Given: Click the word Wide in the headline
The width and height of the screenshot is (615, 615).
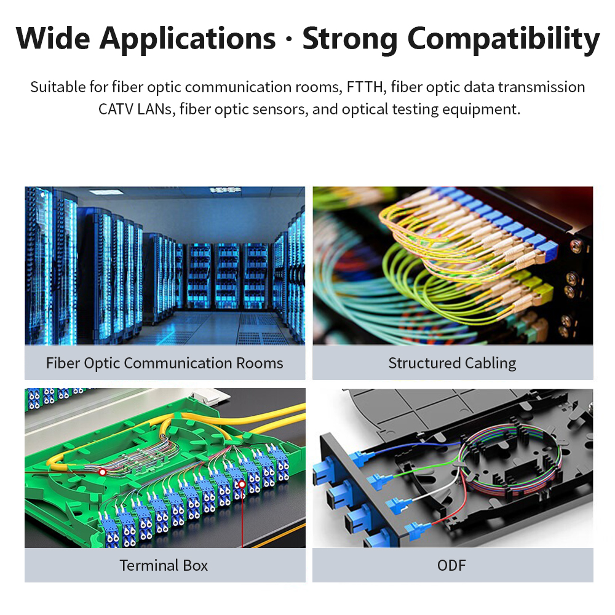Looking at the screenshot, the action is [x=53, y=38].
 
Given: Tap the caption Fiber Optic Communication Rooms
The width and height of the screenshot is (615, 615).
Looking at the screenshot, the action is [x=164, y=363].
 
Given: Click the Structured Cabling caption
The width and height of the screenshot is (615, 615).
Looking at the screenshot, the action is [x=452, y=363].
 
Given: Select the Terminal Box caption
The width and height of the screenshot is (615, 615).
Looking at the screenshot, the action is [x=164, y=566].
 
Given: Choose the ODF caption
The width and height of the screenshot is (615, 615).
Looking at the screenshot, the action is [x=451, y=566].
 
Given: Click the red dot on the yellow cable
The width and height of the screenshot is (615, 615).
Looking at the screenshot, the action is [x=102, y=472].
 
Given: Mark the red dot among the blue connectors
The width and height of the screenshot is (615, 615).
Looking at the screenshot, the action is [x=242, y=485].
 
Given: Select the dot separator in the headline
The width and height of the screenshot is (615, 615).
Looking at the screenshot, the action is [x=289, y=39].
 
